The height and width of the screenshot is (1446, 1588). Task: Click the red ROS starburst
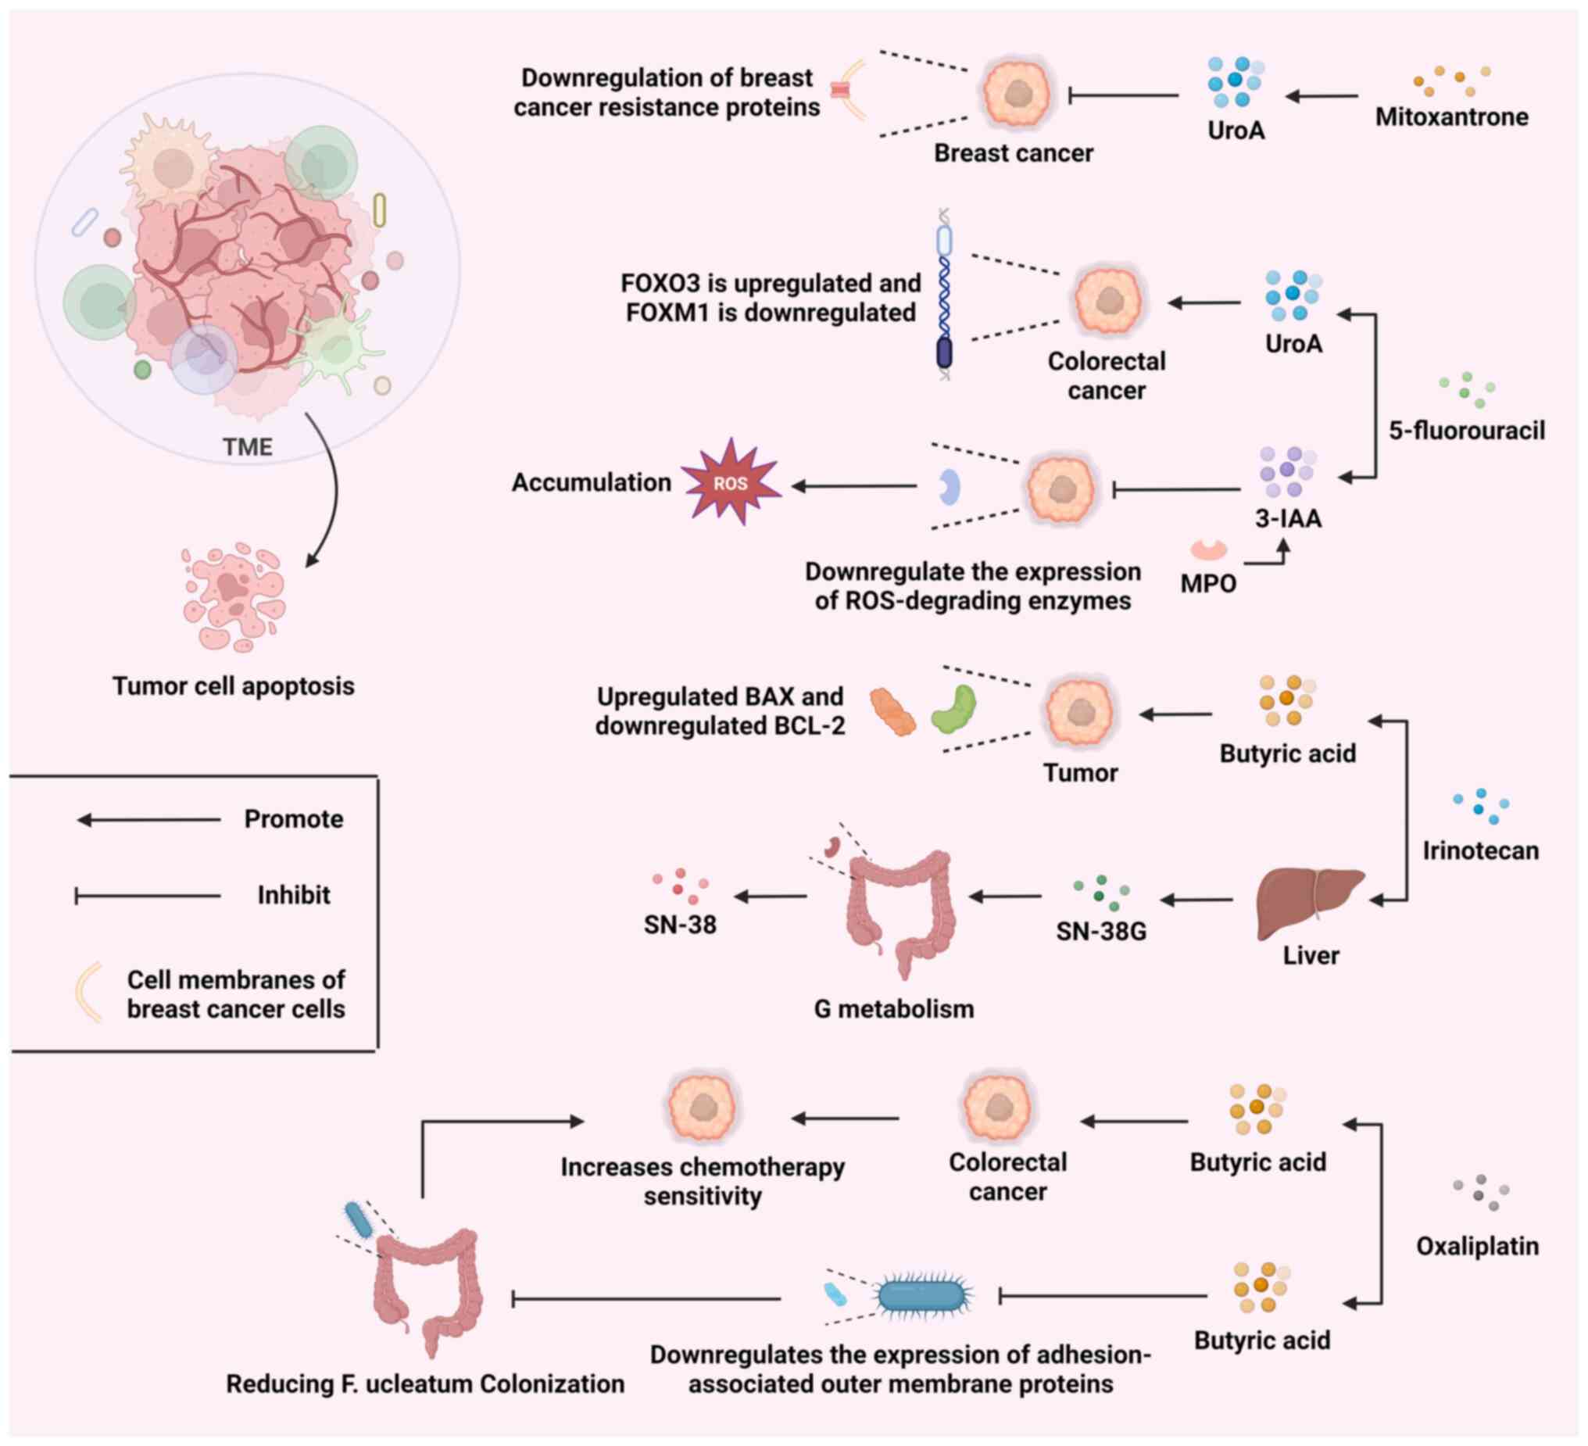click(x=731, y=482)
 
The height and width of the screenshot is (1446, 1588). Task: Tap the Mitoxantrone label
click(x=1451, y=116)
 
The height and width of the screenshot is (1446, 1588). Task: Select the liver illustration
click(x=1310, y=904)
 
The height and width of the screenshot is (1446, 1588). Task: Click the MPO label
click(x=1207, y=584)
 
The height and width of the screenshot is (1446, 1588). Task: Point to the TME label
click(x=247, y=447)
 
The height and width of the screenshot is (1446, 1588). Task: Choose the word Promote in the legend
click(x=293, y=820)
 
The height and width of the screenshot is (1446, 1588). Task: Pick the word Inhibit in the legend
click(x=293, y=895)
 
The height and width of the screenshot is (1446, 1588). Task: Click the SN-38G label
click(x=1100, y=932)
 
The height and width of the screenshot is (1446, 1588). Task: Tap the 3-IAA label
click(x=1288, y=518)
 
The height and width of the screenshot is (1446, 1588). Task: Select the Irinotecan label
click(x=1480, y=851)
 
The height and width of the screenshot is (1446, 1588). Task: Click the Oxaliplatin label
click(x=1477, y=1247)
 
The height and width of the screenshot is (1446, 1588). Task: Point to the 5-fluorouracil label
click(x=1466, y=431)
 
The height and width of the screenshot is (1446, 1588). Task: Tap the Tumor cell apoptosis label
click(x=233, y=686)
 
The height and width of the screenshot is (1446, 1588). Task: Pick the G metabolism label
click(x=893, y=1008)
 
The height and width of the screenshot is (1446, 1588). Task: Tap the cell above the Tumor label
click(x=1079, y=711)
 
